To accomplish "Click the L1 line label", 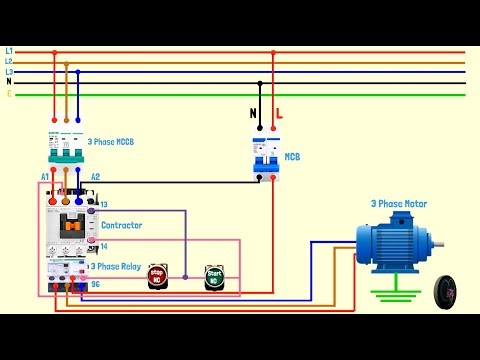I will coord(9,51).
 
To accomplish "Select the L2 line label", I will coord(9,62).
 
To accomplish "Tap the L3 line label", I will coord(9,72).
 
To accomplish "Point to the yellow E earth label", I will coord(9,94).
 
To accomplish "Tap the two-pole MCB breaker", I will coord(266,155).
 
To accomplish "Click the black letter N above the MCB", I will coord(253,114).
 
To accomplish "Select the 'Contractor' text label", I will coord(121,225).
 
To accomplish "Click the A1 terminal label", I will coord(45,177).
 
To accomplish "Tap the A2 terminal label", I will coord(96,177).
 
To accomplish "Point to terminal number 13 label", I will coord(103,204).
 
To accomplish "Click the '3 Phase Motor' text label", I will coord(398,204).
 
